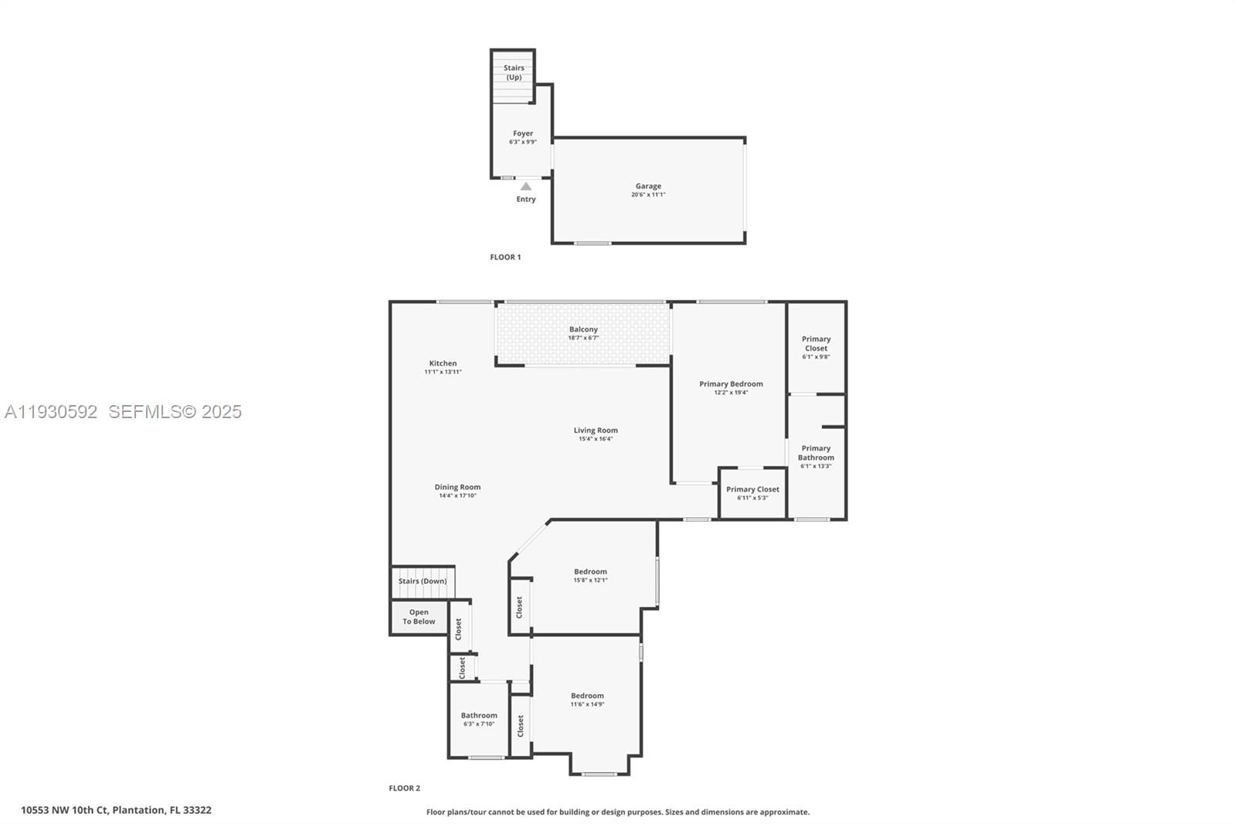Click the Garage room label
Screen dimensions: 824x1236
(x=648, y=186)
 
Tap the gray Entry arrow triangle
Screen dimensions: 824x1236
(x=526, y=186)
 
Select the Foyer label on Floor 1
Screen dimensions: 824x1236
(x=523, y=134)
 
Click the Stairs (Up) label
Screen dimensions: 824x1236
(x=514, y=73)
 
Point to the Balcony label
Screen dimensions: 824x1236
(x=583, y=329)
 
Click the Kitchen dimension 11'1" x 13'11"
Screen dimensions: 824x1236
(x=443, y=372)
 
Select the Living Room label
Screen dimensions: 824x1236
(x=596, y=431)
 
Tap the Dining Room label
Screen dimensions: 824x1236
(x=457, y=487)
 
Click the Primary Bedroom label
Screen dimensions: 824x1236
(x=731, y=383)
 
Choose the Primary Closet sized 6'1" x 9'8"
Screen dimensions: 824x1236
(x=816, y=344)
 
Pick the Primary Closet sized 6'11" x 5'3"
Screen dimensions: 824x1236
(x=752, y=489)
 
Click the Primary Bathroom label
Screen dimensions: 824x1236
(x=816, y=453)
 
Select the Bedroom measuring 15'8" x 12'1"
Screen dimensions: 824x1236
(x=590, y=572)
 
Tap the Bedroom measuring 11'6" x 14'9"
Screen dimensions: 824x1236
(x=587, y=696)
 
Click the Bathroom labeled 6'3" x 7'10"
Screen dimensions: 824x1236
(x=479, y=716)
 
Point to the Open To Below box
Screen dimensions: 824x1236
(x=419, y=617)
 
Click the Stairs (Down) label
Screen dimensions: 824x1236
(x=423, y=581)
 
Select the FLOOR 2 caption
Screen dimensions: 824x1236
(x=404, y=788)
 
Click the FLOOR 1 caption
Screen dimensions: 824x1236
(x=505, y=257)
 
